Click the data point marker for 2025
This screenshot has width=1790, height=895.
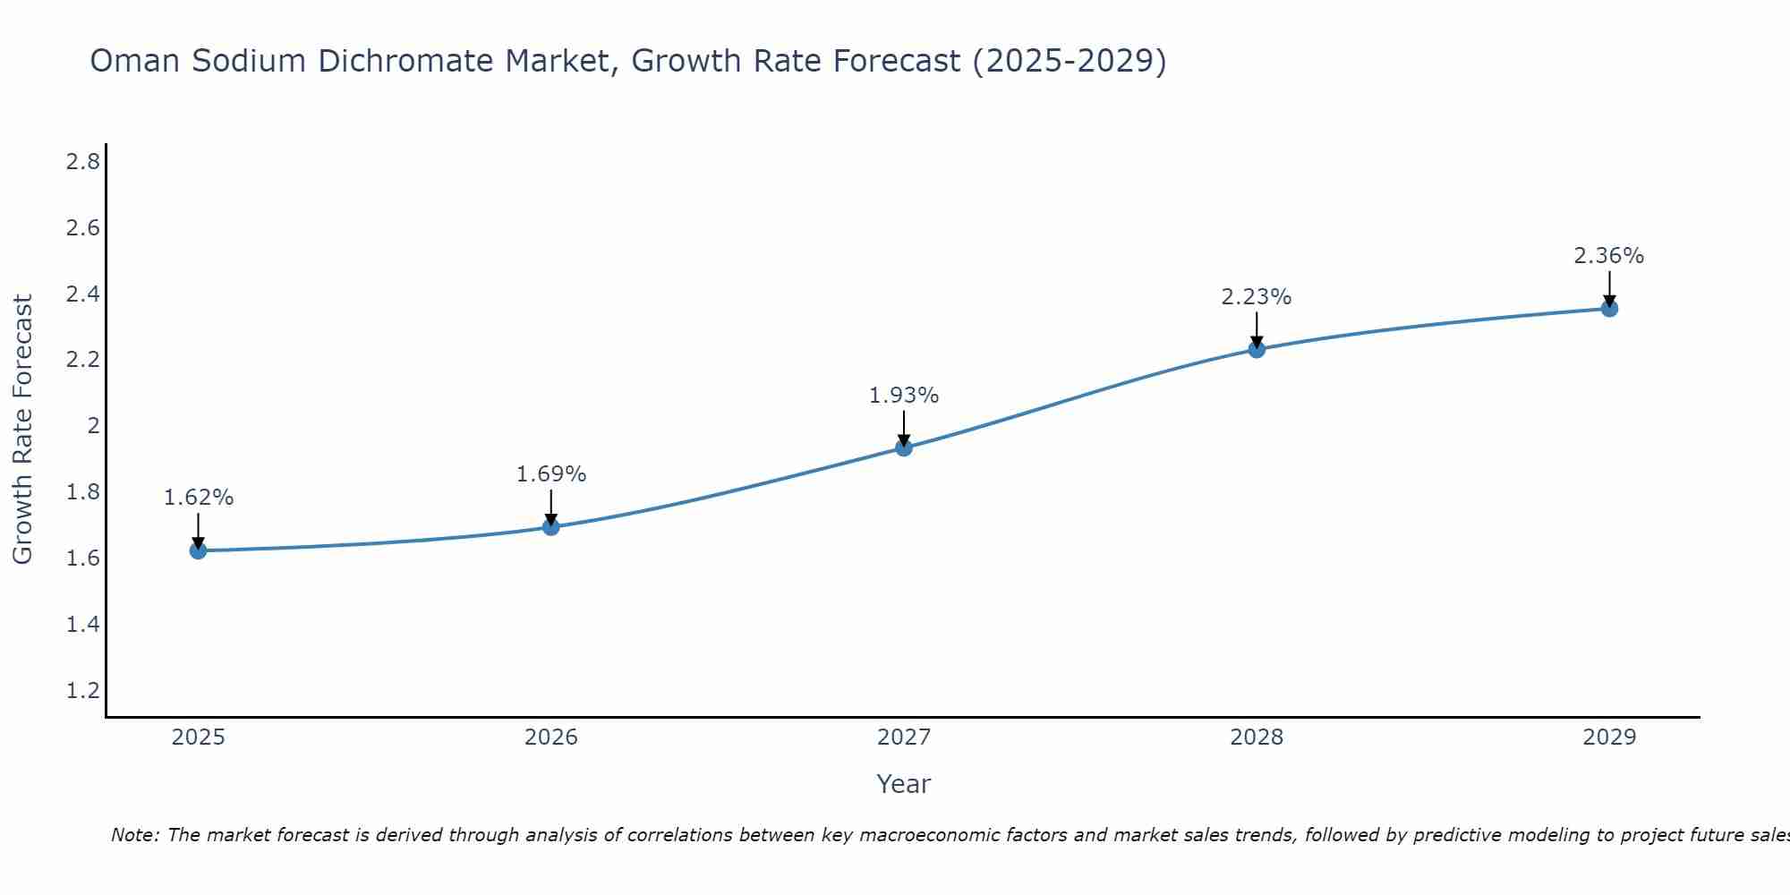[199, 550]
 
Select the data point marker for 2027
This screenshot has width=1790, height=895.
[904, 447]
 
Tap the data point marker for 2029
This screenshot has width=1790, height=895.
[1609, 309]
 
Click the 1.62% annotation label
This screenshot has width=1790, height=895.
[199, 498]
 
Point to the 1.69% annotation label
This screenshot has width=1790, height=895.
[551, 474]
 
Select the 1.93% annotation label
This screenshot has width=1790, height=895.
[904, 396]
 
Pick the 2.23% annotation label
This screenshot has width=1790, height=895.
[1257, 297]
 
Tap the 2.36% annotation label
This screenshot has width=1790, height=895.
[1609, 256]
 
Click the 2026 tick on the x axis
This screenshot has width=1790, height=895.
[551, 737]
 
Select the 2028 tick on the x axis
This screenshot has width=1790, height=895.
[1257, 737]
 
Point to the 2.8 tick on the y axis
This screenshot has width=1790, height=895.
[82, 162]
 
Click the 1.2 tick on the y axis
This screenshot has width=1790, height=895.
[82, 691]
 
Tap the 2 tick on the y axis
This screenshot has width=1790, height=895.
[93, 426]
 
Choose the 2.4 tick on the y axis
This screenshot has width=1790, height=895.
[82, 294]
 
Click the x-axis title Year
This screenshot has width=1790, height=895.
[904, 784]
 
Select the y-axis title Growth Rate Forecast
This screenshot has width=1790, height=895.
[23, 430]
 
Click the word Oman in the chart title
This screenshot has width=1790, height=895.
[135, 62]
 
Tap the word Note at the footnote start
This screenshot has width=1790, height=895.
[134, 835]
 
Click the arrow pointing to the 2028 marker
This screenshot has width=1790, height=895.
[1257, 329]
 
